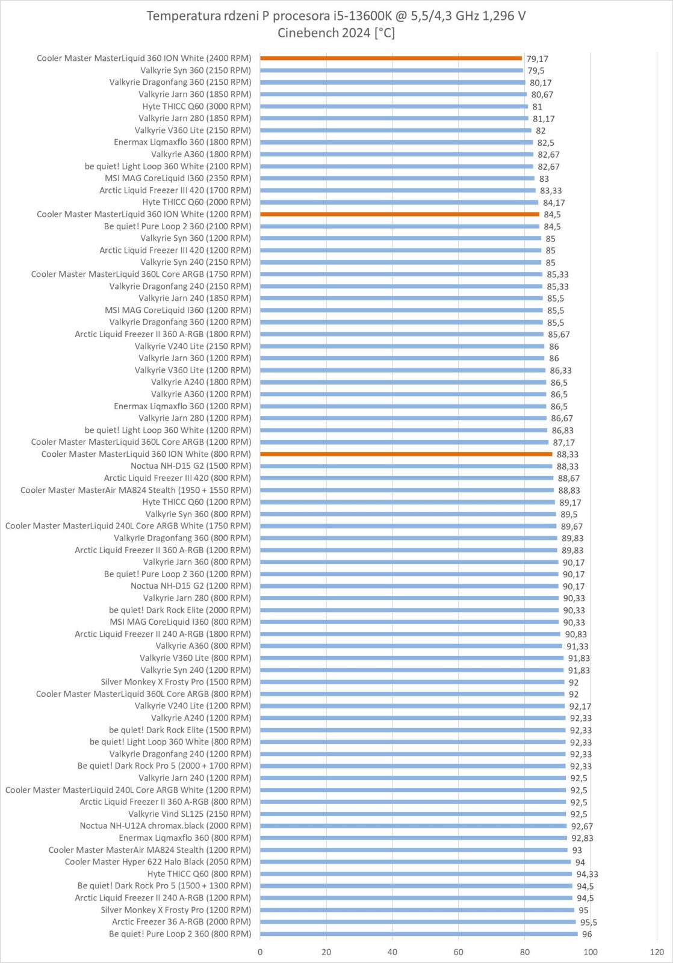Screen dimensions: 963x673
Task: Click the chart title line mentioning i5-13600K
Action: (x=336, y=16)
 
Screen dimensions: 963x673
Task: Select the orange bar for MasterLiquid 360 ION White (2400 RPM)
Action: (x=391, y=58)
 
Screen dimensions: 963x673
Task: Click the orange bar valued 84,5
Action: (x=400, y=214)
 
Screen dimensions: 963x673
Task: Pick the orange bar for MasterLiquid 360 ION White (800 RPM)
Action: (x=406, y=454)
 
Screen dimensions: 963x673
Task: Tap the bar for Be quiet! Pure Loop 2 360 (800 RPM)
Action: (x=418, y=934)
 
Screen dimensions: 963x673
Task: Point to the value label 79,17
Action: (x=537, y=59)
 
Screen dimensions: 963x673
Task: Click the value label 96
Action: (x=587, y=934)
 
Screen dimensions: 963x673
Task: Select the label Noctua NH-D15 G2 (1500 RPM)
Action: (x=191, y=466)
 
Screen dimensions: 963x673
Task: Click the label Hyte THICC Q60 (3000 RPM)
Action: (x=197, y=106)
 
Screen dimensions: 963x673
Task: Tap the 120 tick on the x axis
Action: (x=657, y=952)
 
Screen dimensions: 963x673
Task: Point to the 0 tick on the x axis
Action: (x=260, y=952)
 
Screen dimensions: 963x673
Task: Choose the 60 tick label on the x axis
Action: (x=459, y=952)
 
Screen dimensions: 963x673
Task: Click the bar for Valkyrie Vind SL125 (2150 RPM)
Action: (x=413, y=814)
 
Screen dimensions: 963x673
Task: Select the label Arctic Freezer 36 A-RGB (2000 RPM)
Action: (x=181, y=921)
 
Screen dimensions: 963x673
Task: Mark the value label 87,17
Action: (x=564, y=442)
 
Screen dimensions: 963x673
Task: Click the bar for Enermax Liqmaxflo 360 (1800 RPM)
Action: (x=396, y=142)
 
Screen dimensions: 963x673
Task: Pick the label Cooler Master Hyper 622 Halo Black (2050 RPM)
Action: (x=158, y=862)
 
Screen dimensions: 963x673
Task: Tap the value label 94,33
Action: (x=587, y=874)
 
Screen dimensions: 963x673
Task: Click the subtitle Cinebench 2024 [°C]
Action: (x=336, y=33)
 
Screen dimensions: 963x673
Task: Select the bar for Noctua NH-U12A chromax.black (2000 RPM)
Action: (x=413, y=826)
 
